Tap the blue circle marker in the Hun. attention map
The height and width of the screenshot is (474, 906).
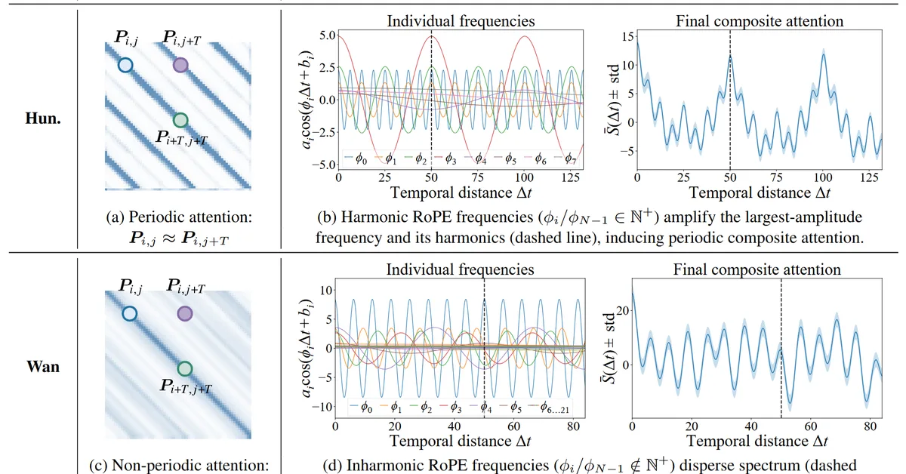125,66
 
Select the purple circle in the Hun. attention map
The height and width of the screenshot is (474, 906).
180,65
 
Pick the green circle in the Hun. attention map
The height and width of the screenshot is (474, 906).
180,119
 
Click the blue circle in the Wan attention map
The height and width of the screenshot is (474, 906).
129,312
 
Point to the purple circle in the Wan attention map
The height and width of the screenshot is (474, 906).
185,312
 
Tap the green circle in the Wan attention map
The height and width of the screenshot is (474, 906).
184,368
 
